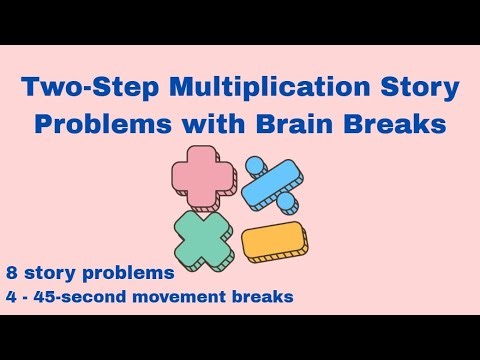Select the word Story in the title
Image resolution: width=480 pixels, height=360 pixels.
[421, 88]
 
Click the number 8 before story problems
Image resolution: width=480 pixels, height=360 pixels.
[12, 271]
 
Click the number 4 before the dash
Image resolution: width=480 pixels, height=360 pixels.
[12, 296]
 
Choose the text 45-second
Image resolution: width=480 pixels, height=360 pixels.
[90, 296]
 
